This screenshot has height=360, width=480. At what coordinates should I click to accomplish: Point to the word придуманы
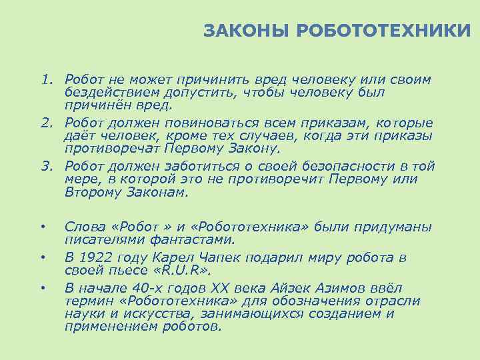point(390,227)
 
